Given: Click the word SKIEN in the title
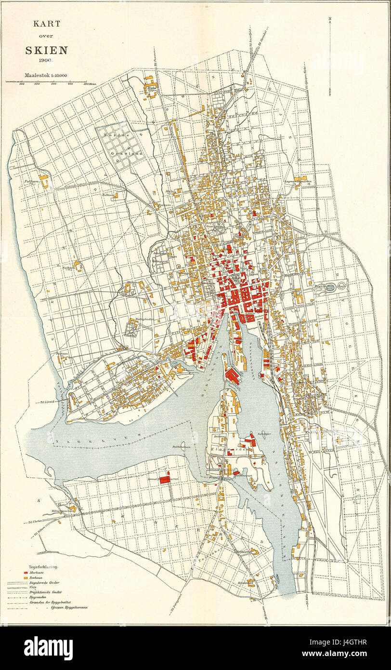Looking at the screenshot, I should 46,50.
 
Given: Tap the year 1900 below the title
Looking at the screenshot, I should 46,61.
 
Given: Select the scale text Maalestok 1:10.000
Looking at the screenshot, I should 46,75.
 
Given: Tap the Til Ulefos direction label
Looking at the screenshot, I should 29,521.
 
